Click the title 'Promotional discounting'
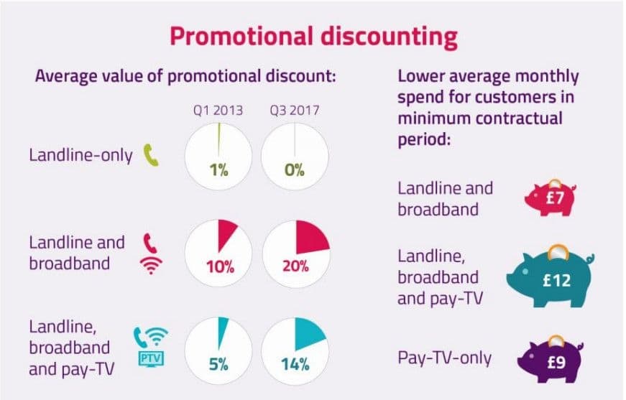pyautogui.click(x=314, y=37)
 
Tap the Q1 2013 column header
pyautogui.click(x=218, y=110)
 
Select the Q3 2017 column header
pyautogui.click(x=295, y=110)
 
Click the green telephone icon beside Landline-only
pyautogui.click(x=152, y=155)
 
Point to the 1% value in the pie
pyautogui.click(x=218, y=170)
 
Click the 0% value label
pyautogui.click(x=295, y=170)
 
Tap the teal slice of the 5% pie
pyautogui.click(x=221, y=331)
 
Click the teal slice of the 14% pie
pyautogui.click(x=308, y=333)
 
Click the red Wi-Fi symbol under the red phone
pyautogui.click(x=151, y=266)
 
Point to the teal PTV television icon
pyautogui.click(x=151, y=359)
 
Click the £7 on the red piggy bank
pyautogui.click(x=555, y=197)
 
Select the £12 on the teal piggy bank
pyautogui.click(x=557, y=280)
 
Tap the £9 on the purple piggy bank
pyautogui.click(x=556, y=362)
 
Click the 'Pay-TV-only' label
pyautogui.click(x=444, y=358)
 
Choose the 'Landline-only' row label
pyautogui.click(x=80, y=155)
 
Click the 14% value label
pyautogui.click(x=295, y=364)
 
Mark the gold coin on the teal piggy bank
pyautogui.click(x=556, y=253)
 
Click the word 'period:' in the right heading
pyautogui.click(x=424, y=140)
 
